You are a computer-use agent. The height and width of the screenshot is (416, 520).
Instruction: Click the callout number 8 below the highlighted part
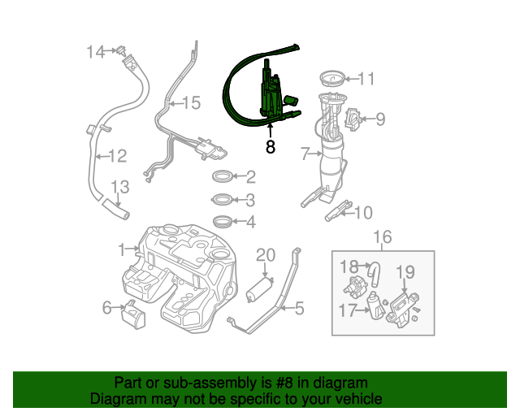click(271, 148)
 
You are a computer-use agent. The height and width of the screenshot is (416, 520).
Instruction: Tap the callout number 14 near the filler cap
click(97, 52)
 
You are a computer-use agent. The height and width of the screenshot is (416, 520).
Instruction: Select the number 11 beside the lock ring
click(366, 79)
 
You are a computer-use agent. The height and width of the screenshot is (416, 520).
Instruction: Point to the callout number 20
click(266, 255)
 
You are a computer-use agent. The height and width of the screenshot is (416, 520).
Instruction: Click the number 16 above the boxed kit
click(382, 236)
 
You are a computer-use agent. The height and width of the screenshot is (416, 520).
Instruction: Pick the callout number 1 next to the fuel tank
click(122, 249)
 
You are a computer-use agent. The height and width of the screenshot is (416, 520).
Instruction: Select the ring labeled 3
click(222, 200)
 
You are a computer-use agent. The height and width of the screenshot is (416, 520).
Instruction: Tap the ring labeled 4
click(222, 221)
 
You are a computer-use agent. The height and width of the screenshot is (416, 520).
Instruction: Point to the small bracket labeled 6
click(133, 313)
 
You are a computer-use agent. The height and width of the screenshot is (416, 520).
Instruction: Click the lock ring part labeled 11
click(331, 80)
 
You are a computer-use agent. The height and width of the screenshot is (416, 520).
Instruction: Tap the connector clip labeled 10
click(335, 213)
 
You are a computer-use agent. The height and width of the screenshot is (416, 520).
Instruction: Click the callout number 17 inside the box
click(346, 309)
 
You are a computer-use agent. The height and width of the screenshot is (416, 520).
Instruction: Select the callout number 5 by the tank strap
click(299, 309)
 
